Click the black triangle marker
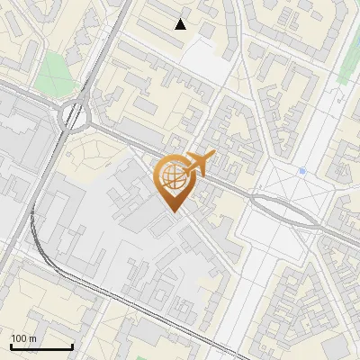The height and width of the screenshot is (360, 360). click(181, 24)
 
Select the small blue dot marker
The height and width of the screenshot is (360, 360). click(302, 170)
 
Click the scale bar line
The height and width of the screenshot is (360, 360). click(41, 347)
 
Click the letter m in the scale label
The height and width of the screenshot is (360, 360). click(32, 338)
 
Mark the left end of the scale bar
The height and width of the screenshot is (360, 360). click(11, 347)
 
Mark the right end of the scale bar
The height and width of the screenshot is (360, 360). click(72, 347)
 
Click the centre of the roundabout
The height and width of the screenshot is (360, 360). click(74, 116)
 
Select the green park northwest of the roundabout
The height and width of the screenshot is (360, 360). click(55, 73)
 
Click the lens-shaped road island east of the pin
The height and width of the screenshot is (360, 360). click(285, 209)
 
